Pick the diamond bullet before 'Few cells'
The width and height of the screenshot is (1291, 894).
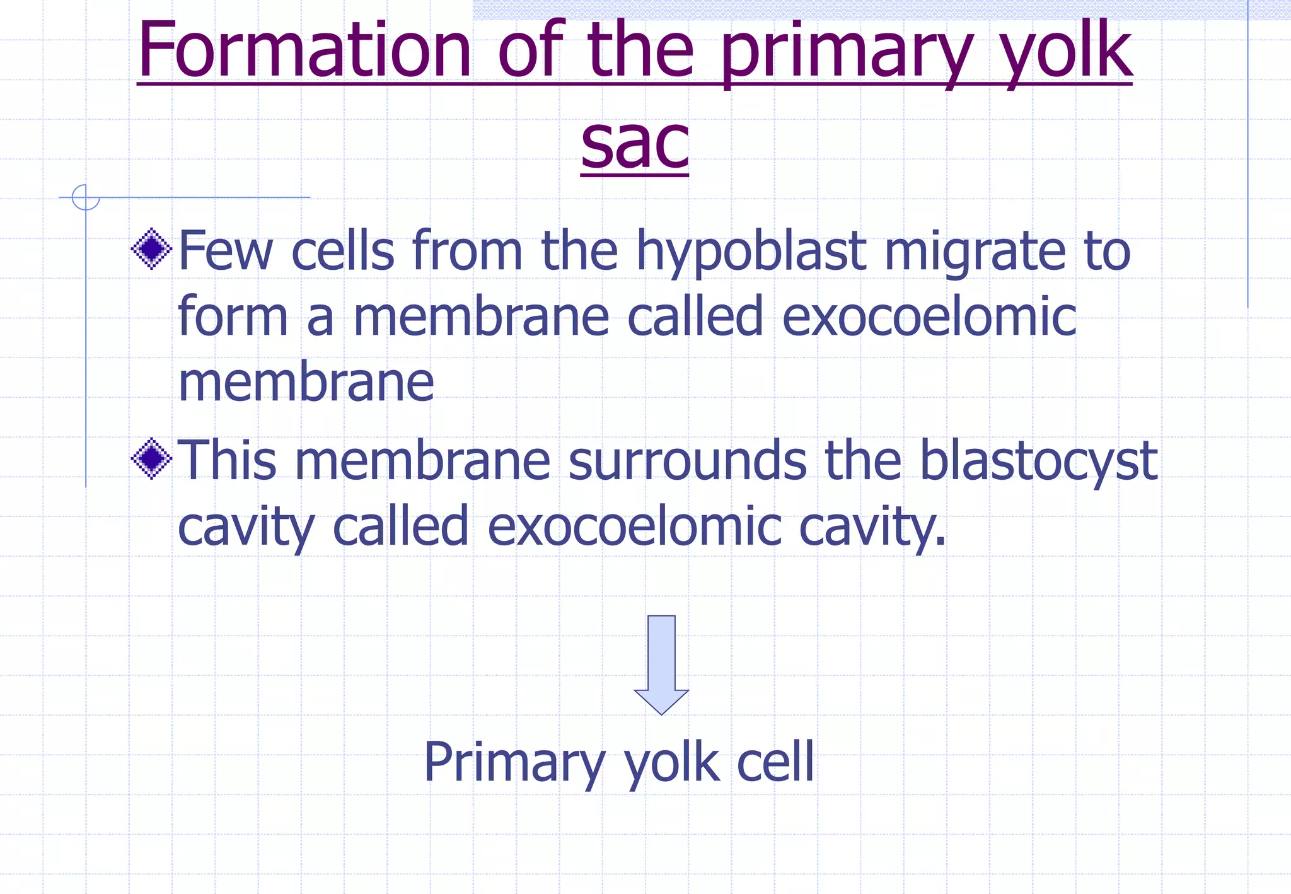(x=151, y=248)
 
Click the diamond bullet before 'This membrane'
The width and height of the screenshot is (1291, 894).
(x=151, y=458)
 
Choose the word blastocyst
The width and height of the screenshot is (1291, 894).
(x=1038, y=461)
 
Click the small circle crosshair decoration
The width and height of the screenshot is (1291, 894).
(x=86, y=197)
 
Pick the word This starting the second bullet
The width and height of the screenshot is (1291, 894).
(x=228, y=460)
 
